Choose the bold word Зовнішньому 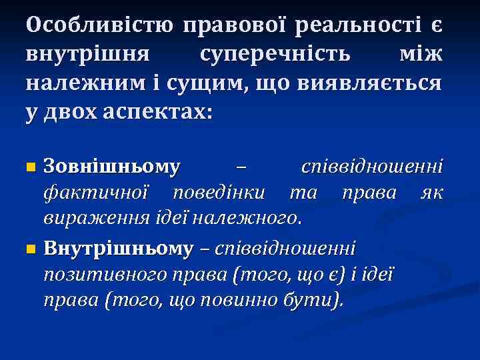(111, 166)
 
